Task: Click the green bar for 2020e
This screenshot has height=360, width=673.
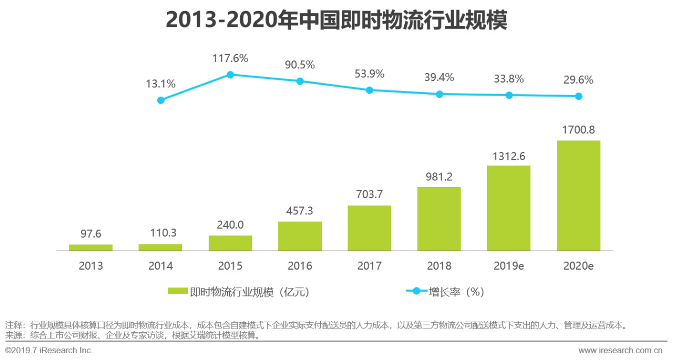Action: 578,196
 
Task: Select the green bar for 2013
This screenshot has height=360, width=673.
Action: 91,248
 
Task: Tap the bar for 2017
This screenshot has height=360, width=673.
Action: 370,228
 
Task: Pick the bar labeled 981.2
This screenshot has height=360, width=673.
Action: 439,219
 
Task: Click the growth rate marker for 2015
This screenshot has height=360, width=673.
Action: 230,75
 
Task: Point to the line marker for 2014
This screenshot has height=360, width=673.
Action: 161,100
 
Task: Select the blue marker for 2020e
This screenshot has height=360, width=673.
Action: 578,96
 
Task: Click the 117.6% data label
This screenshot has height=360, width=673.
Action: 230,58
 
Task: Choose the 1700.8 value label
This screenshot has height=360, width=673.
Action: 578,129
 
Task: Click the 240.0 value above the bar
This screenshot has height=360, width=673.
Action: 230,224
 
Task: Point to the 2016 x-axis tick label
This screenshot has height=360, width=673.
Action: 300,266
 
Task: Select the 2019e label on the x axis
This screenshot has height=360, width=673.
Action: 508,266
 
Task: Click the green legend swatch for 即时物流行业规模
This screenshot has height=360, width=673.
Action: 178,292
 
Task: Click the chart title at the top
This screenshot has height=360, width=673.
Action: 336,19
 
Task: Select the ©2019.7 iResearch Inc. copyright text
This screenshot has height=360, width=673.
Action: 49,350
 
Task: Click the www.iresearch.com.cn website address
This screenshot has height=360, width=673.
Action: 620,350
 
